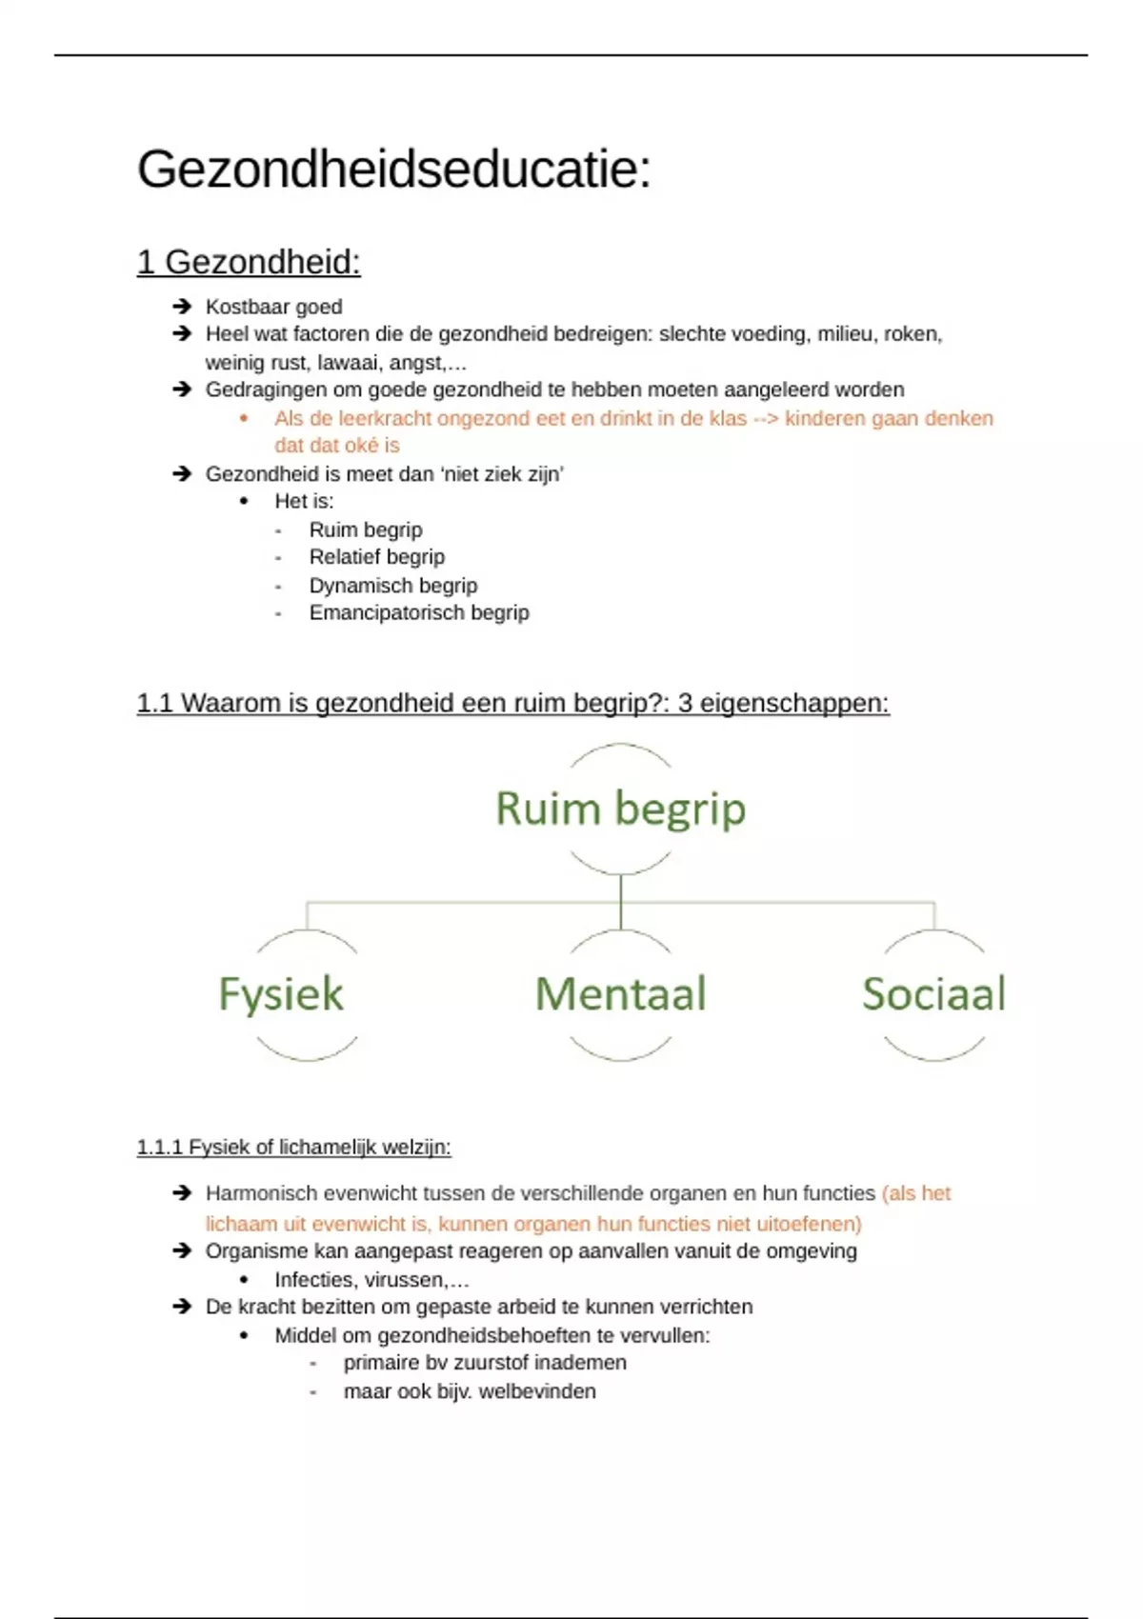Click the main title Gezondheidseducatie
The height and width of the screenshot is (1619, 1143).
393,170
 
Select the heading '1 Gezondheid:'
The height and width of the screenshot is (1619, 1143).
249,262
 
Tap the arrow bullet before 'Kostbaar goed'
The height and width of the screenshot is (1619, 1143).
182,306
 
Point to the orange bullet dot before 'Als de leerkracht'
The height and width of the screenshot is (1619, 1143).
244,418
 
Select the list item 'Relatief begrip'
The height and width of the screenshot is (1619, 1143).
376,557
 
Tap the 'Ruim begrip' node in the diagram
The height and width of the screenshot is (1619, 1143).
620,809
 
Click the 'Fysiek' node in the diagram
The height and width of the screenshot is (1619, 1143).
281,994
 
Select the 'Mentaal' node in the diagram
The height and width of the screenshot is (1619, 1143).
620,994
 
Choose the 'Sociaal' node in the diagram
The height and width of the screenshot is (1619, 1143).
933,994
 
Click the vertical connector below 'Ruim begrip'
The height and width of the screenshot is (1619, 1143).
620,901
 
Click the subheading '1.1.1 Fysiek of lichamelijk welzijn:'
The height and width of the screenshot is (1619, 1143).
293,1148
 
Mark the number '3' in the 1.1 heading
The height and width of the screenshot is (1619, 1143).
685,704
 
